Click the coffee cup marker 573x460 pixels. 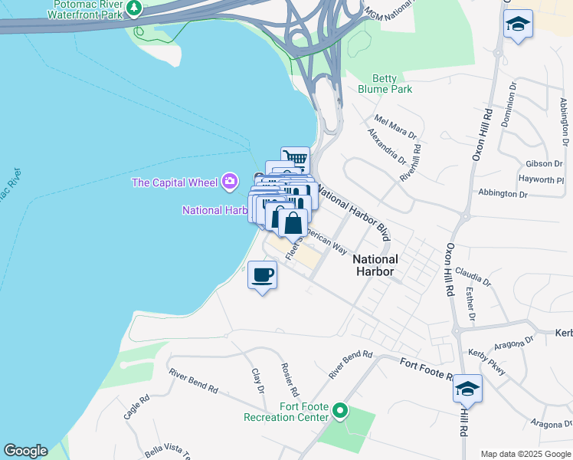click(x=262, y=274)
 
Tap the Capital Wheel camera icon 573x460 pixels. click(x=229, y=182)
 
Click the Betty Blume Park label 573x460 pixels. click(x=385, y=84)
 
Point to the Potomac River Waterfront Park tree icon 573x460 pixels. click(x=135, y=8)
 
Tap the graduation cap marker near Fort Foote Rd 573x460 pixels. click(x=467, y=389)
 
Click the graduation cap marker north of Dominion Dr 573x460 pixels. click(x=519, y=25)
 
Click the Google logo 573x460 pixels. click(x=25, y=451)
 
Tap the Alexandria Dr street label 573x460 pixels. click(x=386, y=146)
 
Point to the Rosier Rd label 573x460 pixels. click(x=290, y=379)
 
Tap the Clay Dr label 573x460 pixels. click(x=257, y=381)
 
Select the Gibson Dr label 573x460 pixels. click(x=544, y=164)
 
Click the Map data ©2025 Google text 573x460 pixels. click(x=526, y=453)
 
